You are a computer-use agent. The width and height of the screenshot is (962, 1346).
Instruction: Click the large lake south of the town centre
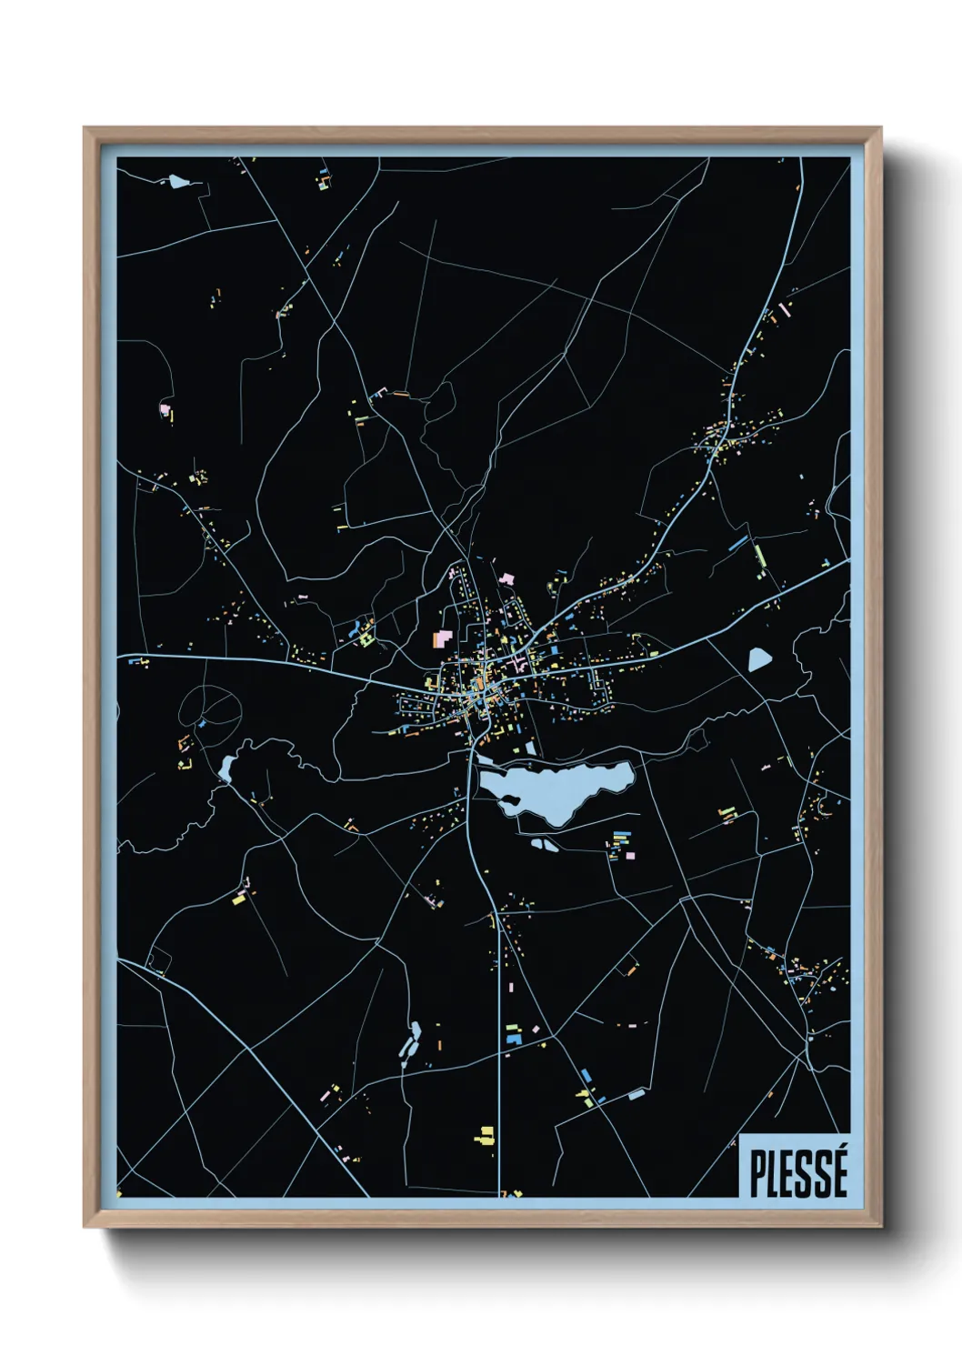click(x=555, y=788)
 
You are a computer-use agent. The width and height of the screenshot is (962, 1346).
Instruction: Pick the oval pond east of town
click(x=758, y=658)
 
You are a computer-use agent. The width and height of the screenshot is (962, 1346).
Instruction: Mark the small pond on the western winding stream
click(x=225, y=768)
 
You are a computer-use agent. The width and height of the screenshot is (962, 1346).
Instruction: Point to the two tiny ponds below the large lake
click(x=545, y=845)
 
